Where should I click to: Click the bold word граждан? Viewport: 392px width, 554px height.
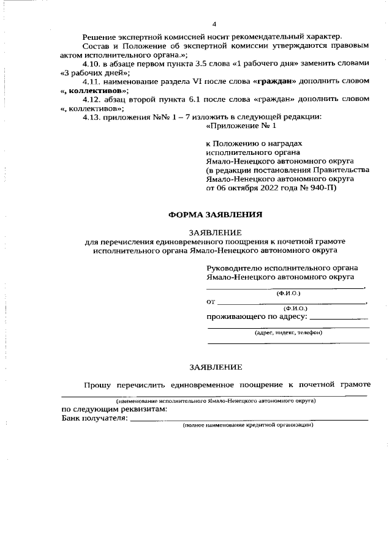click(x=277, y=81)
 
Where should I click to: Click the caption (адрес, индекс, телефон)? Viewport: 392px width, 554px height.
click(x=288, y=332)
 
